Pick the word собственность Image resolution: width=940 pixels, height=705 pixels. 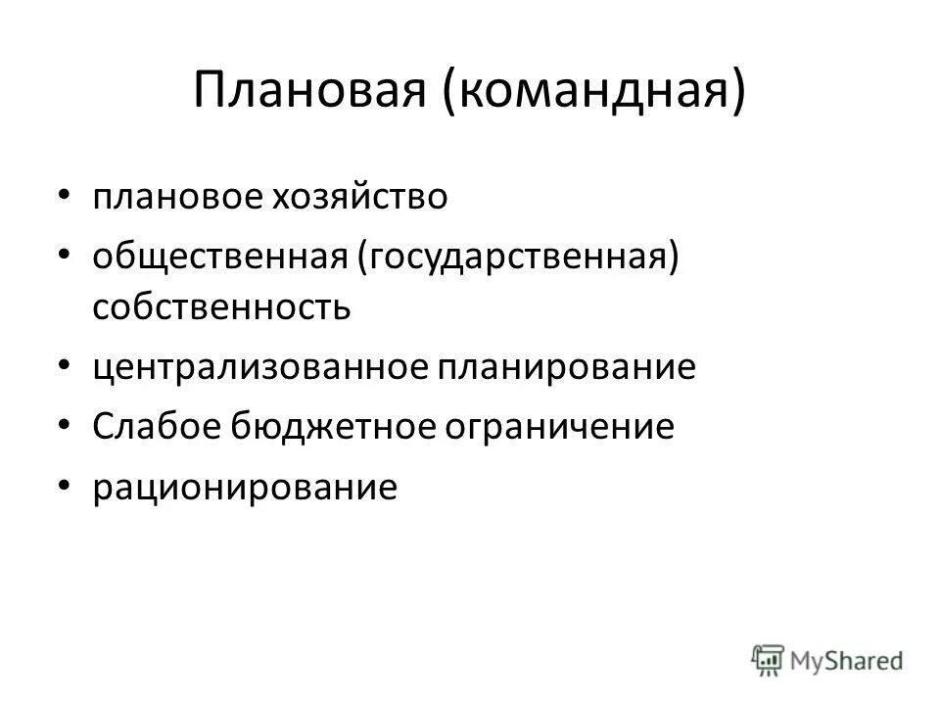[222, 307]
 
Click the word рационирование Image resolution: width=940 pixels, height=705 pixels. [246, 486]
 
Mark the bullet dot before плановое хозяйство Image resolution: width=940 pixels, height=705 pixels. [65, 197]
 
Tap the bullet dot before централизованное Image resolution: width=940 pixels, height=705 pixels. [65, 368]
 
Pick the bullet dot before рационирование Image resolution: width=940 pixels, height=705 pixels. [65, 485]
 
